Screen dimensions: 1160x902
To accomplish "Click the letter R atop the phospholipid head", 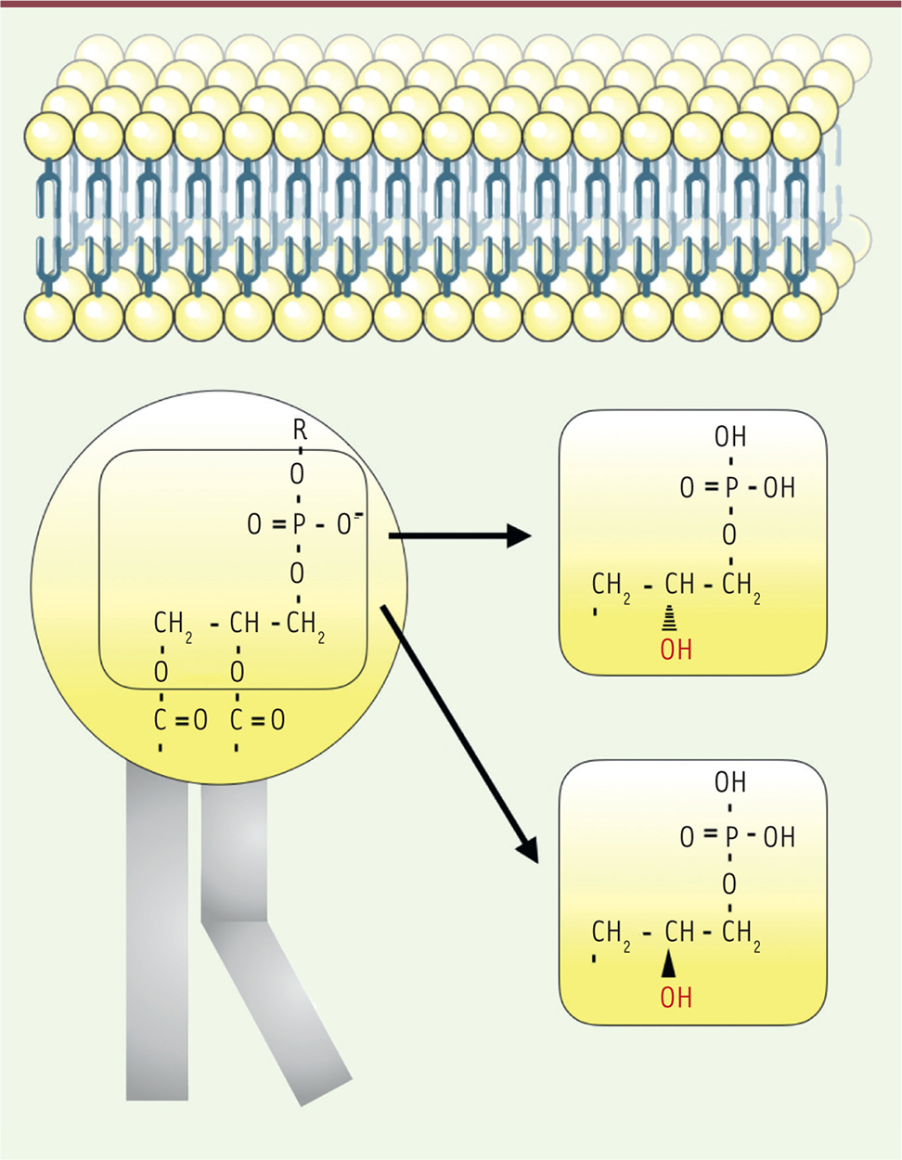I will tap(299, 429).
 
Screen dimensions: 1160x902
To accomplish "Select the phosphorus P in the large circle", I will tap(299, 525).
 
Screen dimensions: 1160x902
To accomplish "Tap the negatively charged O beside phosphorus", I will tap(346, 525).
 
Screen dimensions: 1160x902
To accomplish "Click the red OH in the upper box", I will tap(676, 650).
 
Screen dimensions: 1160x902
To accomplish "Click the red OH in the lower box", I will tap(676, 999).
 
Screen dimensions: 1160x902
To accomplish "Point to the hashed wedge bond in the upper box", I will tap(668, 618).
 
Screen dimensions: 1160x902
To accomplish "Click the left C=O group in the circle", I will tap(180, 720).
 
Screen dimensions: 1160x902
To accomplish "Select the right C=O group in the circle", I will tap(257, 720).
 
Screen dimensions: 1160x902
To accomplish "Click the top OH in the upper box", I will tap(730, 436).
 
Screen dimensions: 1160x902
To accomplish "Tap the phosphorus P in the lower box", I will tap(731, 837).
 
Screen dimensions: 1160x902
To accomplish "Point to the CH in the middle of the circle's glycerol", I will tap(244, 622).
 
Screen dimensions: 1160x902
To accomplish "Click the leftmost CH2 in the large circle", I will tap(173, 624).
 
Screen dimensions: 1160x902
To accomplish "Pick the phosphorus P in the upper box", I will tap(731, 487).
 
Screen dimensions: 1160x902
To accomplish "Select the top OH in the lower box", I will tap(730, 783).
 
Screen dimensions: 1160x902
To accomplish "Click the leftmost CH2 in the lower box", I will tap(611, 932).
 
